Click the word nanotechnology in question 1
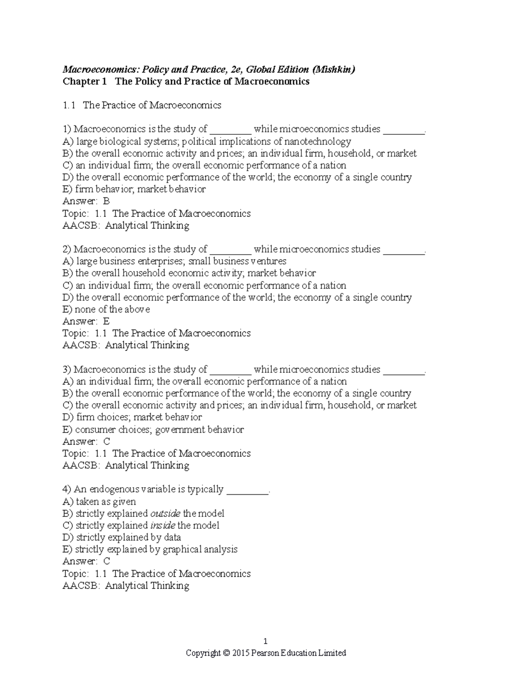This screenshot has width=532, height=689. tap(317, 142)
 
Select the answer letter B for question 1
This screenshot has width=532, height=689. tap(106, 201)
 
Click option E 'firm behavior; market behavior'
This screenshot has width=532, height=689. tap(134, 189)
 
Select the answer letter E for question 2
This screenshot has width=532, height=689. tap(106, 321)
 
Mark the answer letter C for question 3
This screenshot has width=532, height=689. tap(106, 441)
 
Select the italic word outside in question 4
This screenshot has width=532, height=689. tap(165, 514)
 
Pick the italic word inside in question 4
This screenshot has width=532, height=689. tap(163, 526)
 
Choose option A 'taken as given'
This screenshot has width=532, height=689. tap(99, 502)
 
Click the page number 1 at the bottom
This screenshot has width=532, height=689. tap(266, 641)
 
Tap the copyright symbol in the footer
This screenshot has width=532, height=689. tap(227, 653)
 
